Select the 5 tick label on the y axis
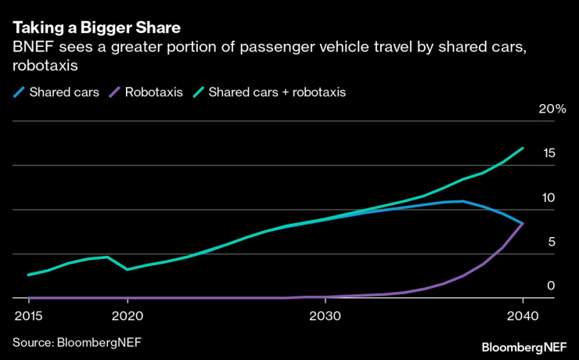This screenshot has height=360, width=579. click(551, 243)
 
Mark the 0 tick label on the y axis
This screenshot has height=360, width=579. click(551, 286)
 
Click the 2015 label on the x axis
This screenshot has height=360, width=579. click(29, 315)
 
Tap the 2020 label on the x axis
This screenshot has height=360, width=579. click(128, 315)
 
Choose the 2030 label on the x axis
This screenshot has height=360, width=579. click(325, 315)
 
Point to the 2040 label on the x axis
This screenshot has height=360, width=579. click(522, 315)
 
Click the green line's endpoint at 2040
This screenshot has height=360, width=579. click(523, 148)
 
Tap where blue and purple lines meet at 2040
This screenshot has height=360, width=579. click(523, 224)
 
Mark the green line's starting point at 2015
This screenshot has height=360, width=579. click(29, 275)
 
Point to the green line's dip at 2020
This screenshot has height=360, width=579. click(128, 269)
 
